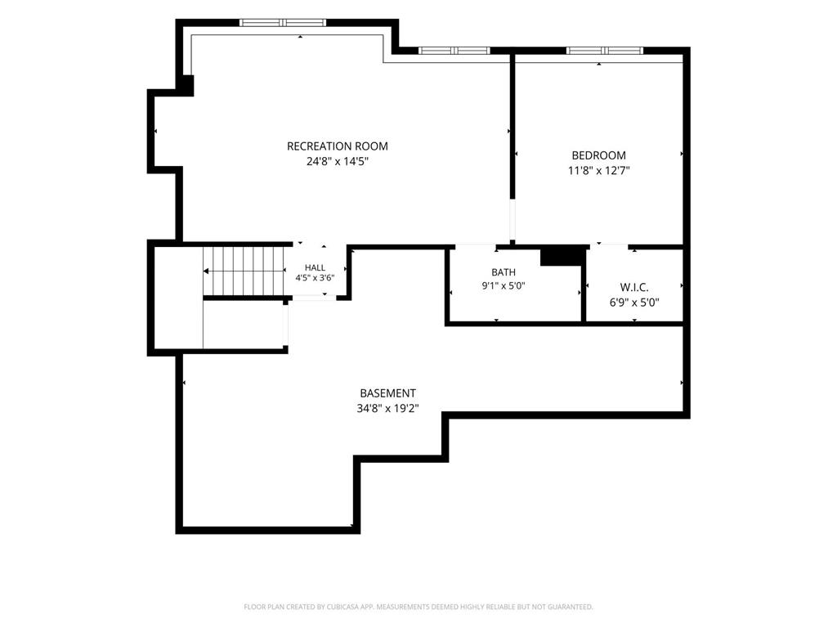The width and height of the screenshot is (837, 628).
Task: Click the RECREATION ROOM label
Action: point(338,146)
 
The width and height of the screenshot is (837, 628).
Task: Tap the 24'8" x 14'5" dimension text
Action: point(338,161)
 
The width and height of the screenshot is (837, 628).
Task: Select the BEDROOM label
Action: point(598,155)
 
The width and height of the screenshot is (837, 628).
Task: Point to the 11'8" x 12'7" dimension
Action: point(598,171)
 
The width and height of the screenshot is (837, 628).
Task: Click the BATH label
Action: point(504,272)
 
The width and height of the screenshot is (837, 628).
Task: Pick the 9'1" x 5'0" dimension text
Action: point(504,285)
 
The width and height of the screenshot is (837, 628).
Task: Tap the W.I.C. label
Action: point(634,288)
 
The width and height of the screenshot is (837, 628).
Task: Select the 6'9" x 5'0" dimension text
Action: point(634,303)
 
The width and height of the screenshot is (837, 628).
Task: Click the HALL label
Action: point(315,267)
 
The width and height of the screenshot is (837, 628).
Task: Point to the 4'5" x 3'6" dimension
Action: point(315,278)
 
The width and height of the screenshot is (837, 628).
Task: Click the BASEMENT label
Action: point(387,393)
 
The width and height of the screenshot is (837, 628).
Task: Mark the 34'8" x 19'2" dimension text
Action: point(387,409)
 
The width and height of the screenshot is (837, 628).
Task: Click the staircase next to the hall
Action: point(244,271)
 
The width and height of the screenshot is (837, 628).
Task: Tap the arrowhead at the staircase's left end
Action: point(205,271)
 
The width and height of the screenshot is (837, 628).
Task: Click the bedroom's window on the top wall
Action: point(605,51)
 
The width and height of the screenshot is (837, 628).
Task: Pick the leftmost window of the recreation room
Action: point(282,22)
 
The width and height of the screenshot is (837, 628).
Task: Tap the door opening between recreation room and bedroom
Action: point(512,220)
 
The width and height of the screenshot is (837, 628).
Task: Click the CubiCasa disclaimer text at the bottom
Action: point(418,607)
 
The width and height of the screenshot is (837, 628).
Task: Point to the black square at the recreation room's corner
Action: point(187,85)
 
